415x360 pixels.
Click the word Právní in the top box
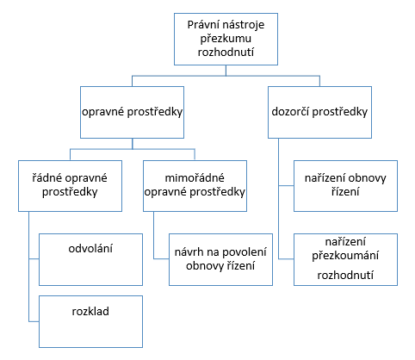click(201, 25)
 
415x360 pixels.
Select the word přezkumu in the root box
click(226, 39)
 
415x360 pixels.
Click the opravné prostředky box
click(132, 112)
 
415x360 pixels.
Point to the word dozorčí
click(290, 111)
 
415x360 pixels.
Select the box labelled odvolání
click(90, 259)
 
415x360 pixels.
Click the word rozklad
click(90, 311)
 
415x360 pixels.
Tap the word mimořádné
click(195, 177)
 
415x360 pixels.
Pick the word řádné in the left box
click(46, 177)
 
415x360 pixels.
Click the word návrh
click(188, 252)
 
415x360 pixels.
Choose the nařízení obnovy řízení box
click(345, 186)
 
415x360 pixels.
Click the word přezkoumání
click(345, 256)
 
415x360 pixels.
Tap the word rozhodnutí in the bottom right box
click(345, 275)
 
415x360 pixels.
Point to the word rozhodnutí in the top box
click(226, 53)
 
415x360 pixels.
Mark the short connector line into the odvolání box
click(34, 259)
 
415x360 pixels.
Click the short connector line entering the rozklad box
click(34, 321)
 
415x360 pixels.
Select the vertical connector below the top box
click(226, 71)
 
